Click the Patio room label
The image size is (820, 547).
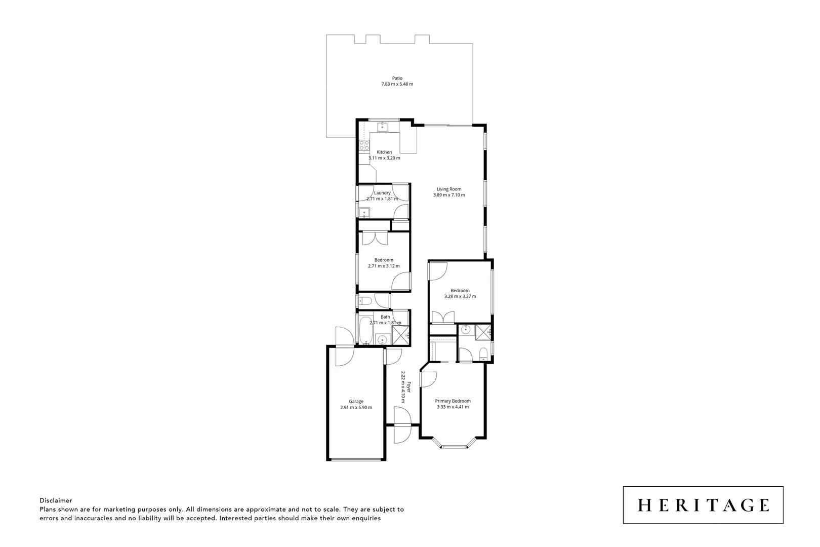[x=397, y=79]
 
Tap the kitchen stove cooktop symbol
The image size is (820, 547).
[x=364, y=146]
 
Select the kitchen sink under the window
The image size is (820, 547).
[x=383, y=127]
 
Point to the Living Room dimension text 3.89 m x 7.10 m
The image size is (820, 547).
[x=449, y=195]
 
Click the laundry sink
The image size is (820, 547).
[x=364, y=212]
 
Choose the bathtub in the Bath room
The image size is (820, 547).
[x=365, y=330]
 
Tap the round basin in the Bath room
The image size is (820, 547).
[x=383, y=339]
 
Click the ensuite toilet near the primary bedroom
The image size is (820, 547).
[x=483, y=353]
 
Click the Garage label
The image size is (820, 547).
[x=356, y=402]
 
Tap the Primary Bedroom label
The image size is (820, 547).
[x=453, y=401]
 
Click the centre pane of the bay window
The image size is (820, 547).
[x=454, y=446]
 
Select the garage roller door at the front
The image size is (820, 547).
[x=356, y=459]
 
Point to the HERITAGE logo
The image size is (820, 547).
[x=703, y=505]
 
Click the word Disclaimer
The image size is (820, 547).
[x=56, y=500]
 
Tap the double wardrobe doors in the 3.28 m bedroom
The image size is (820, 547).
[x=443, y=318]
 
